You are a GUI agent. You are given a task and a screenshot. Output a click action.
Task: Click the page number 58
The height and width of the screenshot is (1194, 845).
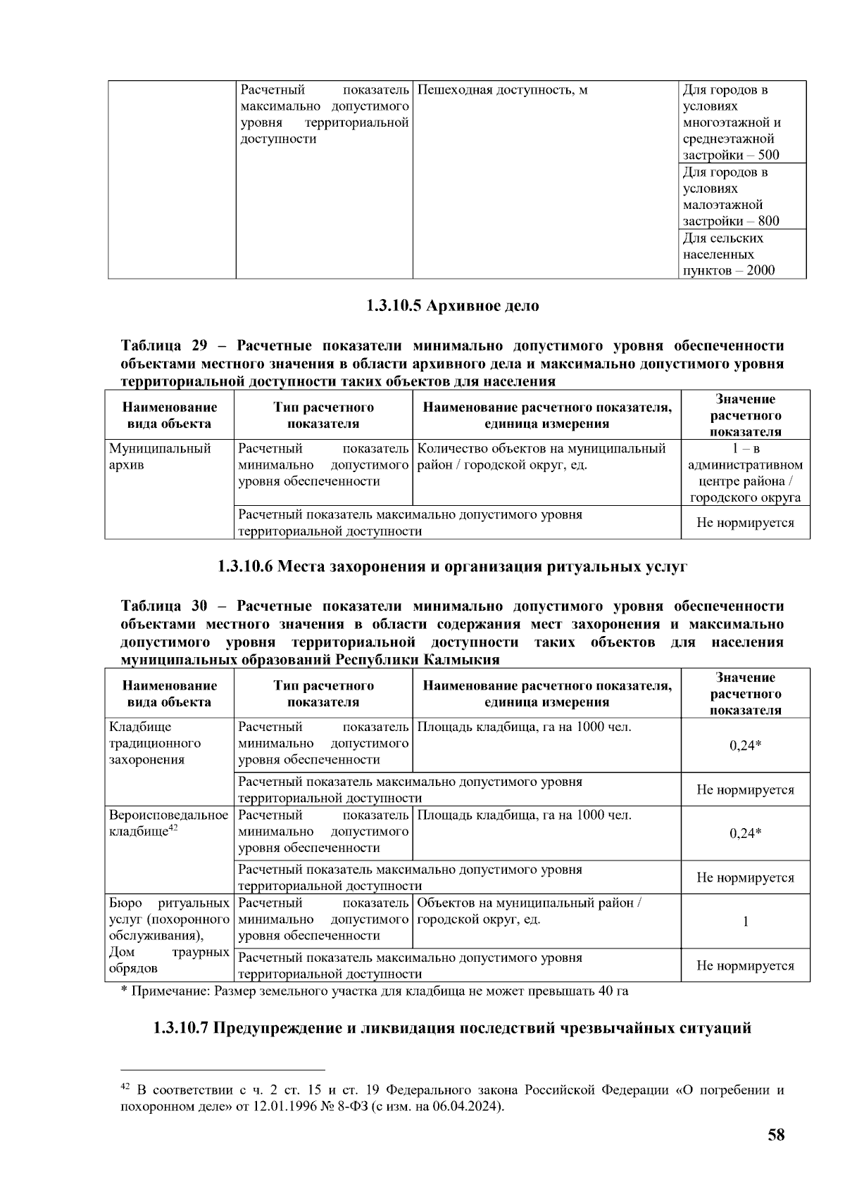pyautogui.click(x=776, y=1135)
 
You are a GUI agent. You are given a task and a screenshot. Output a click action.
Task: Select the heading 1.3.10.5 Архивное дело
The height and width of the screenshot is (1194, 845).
pyautogui.click(x=452, y=306)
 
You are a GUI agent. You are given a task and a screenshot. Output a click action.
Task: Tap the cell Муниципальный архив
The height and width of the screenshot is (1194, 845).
pyautogui.click(x=161, y=457)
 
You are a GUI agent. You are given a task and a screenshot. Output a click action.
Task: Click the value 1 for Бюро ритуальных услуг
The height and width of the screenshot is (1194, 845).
pyautogui.click(x=745, y=922)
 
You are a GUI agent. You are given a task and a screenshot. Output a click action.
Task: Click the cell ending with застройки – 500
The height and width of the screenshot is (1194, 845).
pyautogui.click(x=742, y=122)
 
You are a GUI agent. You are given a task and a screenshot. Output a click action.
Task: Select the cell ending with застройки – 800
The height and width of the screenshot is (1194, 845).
pyautogui.click(x=742, y=196)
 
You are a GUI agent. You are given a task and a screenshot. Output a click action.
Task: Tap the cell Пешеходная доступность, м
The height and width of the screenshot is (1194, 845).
pyautogui.click(x=502, y=90)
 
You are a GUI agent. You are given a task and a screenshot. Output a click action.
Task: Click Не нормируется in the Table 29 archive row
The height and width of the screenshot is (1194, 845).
pyautogui.click(x=745, y=523)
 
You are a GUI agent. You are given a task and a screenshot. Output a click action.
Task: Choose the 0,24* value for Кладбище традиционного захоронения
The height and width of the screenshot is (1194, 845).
pyautogui.click(x=745, y=745)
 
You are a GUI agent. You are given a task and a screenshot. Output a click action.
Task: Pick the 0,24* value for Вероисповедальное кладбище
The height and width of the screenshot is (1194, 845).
pyautogui.click(x=745, y=833)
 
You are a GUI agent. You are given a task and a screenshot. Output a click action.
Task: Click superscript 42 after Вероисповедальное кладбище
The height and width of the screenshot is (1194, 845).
pyautogui.click(x=172, y=828)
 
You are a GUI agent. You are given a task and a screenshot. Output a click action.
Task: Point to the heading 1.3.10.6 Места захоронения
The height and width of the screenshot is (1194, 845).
pyautogui.click(x=452, y=566)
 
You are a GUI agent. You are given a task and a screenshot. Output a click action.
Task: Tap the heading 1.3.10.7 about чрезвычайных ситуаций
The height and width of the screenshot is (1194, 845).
pyautogui.click(x=452, y=1028)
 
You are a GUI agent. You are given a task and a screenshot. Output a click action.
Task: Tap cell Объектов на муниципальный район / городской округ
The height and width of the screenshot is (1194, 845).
pyautogui.click(x=529, y=911)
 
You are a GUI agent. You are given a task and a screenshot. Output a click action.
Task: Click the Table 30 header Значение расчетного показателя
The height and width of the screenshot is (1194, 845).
pyautogui.click(x=745, y=694)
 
